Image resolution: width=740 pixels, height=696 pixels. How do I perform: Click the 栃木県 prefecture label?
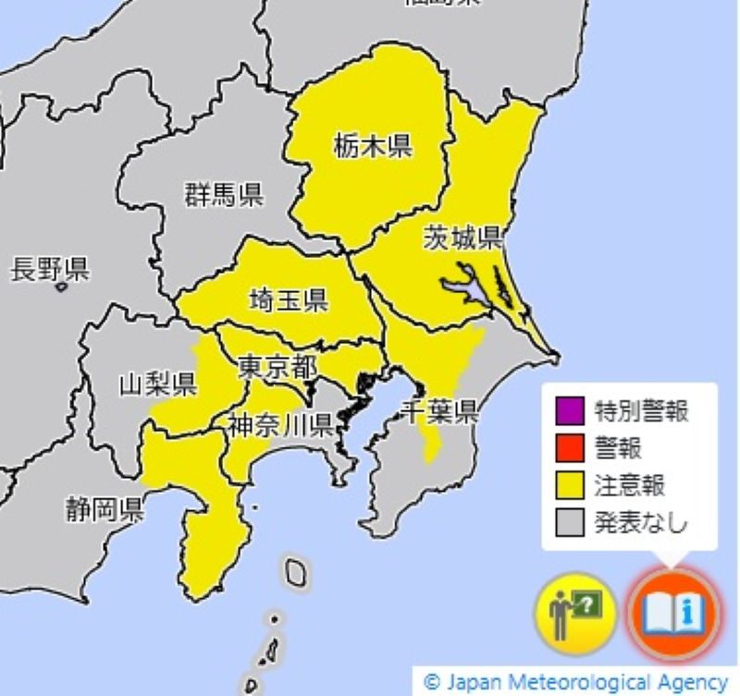point(373,146)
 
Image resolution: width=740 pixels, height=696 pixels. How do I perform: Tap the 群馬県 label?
point(223,195)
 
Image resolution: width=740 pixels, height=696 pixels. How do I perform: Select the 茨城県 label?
point(462,238)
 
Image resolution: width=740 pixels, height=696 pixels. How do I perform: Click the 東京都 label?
point(277,367)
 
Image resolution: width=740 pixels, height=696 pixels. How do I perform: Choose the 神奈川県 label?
point(281,425)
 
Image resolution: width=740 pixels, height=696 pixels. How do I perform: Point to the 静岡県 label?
point(104,509)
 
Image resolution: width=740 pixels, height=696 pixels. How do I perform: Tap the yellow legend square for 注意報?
point(568,485)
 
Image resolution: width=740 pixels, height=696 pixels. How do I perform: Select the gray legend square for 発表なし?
point(568,523)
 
